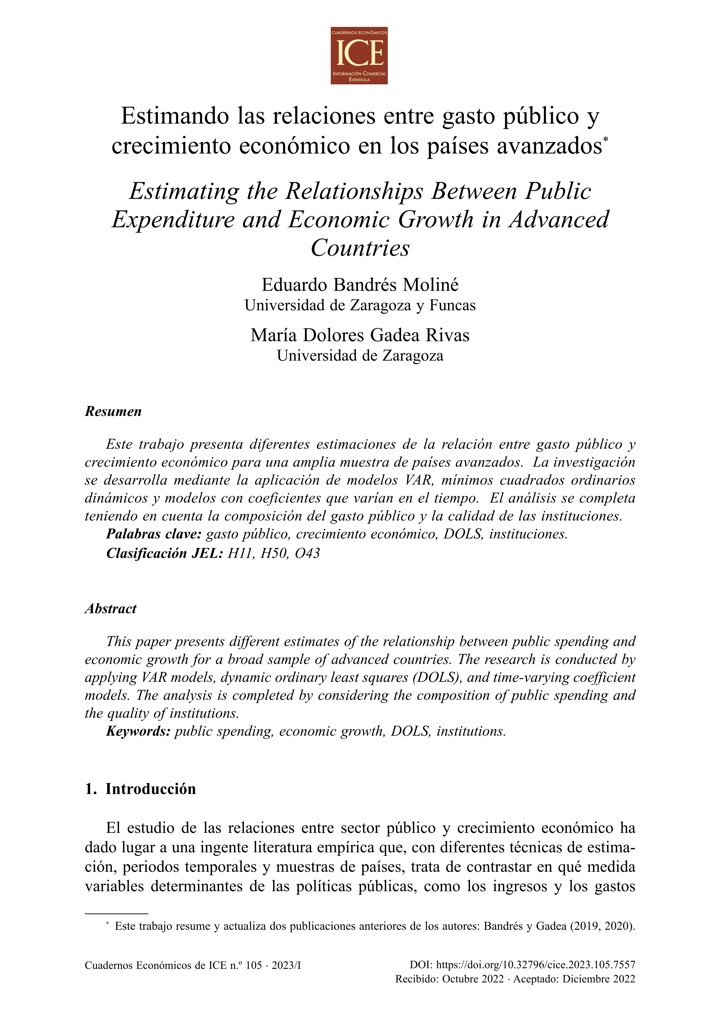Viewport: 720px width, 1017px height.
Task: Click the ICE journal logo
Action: point(359,55)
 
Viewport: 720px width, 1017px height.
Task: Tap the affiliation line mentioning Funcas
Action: point(360,306)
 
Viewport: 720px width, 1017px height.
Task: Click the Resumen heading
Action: point(113,412)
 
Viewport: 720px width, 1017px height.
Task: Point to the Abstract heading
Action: point(110,609)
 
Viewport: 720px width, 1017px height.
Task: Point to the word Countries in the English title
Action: point(360,248)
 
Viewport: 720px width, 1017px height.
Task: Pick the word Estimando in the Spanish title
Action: point(175,116)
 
